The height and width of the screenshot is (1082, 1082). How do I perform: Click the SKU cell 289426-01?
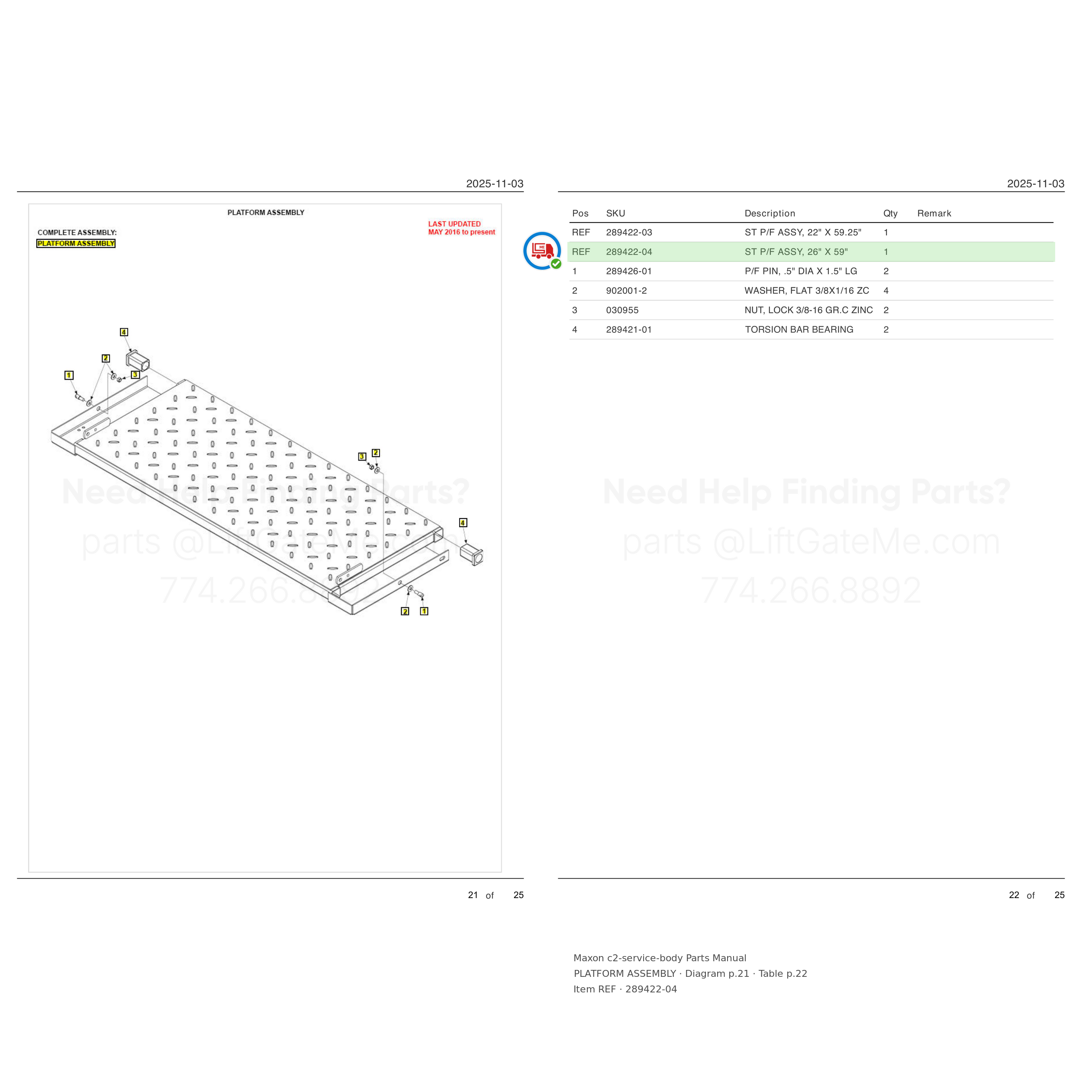(x=628, y=271)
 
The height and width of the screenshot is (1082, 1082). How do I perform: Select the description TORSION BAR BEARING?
(x=799, y=329)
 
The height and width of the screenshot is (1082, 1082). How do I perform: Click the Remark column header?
(x=934, y=213)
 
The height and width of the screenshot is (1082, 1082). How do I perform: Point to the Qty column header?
(x=890, y=213)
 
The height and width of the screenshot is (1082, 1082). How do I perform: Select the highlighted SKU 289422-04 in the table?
(x=628, y=252)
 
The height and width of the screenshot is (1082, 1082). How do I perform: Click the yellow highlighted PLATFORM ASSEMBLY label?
(x=76, y=244)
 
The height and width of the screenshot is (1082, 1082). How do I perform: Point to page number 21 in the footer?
(x=473, y=895)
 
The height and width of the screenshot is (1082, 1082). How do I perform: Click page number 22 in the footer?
(x=1014, y=895)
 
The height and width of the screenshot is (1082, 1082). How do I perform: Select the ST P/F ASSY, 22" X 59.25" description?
(x=802, y=232)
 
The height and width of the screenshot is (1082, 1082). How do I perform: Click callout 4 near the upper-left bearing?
(x=124, y=332)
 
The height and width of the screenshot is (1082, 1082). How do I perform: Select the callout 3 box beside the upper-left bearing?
(x=135, y=375)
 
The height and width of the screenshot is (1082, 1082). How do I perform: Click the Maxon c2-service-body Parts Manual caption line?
(x=659, y=958)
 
